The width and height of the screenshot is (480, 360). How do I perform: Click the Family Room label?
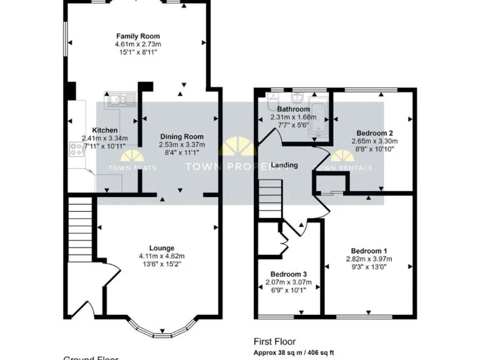[x=137, y=36]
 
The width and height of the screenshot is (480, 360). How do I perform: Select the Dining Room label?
[x=182, y=136]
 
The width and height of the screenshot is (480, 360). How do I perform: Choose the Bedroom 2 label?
[x=374, y=132]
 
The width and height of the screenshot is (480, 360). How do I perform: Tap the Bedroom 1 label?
[x=368, y=251]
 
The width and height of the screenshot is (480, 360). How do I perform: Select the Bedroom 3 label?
[x=289, y=274]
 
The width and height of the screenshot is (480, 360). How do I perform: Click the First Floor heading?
[x=274, y=341]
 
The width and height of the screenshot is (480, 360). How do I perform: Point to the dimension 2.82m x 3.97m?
[x=368, y=259]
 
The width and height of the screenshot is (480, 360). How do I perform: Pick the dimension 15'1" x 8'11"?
[x=137, y=52]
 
